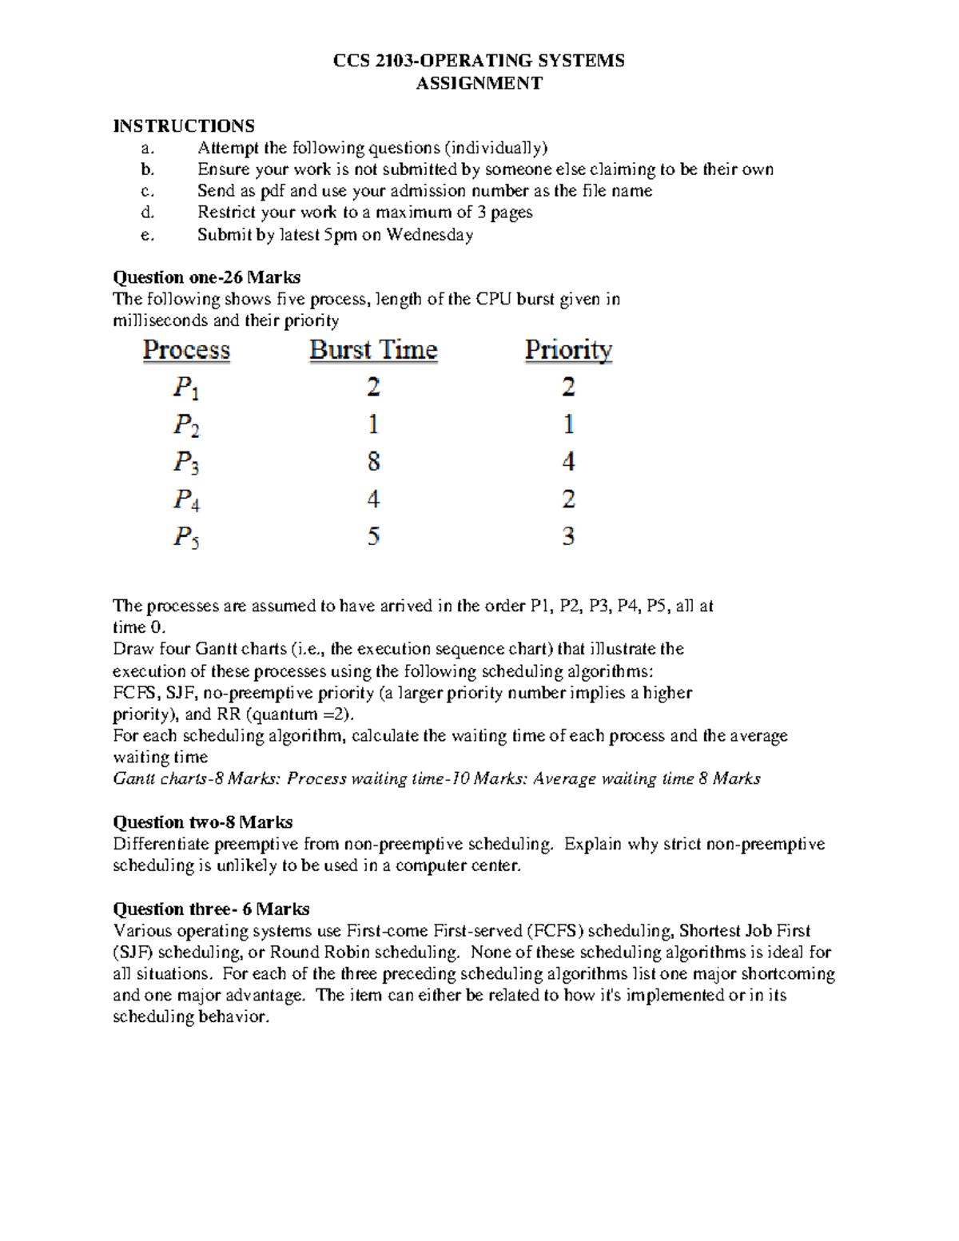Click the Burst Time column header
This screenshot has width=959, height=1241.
[x=373, y=350]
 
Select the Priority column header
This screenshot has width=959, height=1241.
[x=568, y=350]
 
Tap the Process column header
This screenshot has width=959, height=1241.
[x=186, y=350]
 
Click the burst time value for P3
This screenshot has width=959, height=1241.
[x=373, y=462]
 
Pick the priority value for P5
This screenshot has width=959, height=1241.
[x=568, y=536]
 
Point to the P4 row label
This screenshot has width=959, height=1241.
[x=186, y=500]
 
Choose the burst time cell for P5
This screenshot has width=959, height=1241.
[x=373, y=536]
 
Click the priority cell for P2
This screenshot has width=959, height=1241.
[x=568, y=424]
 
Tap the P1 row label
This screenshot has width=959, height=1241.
[x=186, y=388]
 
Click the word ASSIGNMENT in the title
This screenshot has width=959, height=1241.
[x=479, y=83]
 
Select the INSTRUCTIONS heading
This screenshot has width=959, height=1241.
[x=184, y=125]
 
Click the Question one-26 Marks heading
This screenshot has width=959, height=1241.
[x=206, y=277]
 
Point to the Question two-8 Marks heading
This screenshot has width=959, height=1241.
[x=202, y=822]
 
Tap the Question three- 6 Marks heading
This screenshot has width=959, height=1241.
[x=211, y=909]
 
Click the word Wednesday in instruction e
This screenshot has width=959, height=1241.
[x=430, y=234]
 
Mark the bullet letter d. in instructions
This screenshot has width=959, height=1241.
[x=146, y=213]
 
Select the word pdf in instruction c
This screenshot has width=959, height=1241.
[x=273, y=191]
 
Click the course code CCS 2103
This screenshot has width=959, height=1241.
[x=373, y=61]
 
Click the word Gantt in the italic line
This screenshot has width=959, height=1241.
[x=134, y=778]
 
